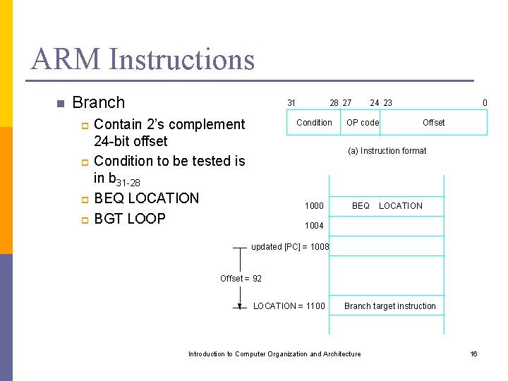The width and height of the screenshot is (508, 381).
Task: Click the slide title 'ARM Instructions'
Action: tap(143, 59)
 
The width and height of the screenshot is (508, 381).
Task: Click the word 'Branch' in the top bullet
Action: tap(99, 102)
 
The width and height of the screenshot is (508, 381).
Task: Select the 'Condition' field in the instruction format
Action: tap(314, 123)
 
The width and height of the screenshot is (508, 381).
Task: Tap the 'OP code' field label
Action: tap(363, 123)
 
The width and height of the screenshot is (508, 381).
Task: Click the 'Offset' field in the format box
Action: tap(433, 123)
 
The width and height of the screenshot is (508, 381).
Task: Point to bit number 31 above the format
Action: tap(291, 103)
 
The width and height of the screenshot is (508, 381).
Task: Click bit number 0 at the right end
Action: tap(485, 103)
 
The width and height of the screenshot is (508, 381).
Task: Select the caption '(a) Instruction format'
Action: tap(387, 151)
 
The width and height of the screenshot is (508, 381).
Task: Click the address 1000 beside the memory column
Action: tap(314, 206)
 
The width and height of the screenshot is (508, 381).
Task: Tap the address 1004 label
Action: tap(314, 226)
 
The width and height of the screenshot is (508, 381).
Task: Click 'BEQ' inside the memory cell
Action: tap(361, 206)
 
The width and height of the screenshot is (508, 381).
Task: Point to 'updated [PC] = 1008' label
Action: tap(290, 247)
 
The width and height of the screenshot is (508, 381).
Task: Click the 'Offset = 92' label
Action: tap(241, 279)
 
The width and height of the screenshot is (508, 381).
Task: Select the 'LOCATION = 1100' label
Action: tap(289, 306)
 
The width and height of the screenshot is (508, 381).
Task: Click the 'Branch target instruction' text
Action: tap(389, 306)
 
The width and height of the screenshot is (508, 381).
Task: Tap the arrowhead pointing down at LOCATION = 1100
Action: tap(241, 306)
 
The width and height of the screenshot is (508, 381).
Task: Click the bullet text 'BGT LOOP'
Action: tap(129, 219)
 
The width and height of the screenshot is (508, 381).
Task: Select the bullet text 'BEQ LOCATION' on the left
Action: tap(146, 198)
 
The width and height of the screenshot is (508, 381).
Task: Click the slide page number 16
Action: tap(474, 354)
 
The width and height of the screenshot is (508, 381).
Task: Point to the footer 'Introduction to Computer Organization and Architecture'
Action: tap(274, 354)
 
